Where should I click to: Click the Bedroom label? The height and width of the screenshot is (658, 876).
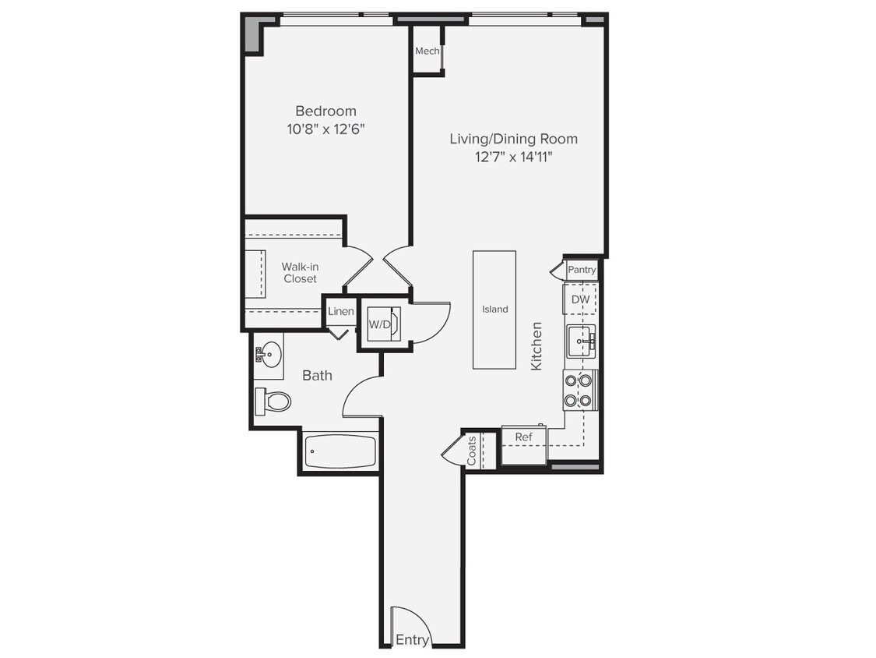pos(325,111)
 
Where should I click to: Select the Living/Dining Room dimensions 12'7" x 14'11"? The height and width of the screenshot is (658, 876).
pos(513,157)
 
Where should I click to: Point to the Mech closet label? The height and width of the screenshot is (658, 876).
pos(427,51)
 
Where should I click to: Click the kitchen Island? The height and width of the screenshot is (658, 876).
pos(494,309)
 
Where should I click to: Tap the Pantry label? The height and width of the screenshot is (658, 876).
pos(582,270)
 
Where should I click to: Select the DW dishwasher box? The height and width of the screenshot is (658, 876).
pos(580,299)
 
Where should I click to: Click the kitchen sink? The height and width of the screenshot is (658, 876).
pos(581,341)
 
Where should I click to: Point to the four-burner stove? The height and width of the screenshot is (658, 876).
pos(579,391)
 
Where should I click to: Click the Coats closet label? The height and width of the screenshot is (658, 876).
pos(472,451)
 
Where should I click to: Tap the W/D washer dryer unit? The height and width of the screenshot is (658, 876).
pos(380,324)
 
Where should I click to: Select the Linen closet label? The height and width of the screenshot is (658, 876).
pos(341,312)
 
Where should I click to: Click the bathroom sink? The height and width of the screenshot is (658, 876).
pos(269,355)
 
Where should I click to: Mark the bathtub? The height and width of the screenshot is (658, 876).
pos(339,452)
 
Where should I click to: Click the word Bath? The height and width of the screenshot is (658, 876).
pos(317,376)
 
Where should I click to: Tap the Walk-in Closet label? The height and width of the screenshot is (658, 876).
pos(300,273)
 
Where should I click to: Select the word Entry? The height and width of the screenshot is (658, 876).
pos(412,640)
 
